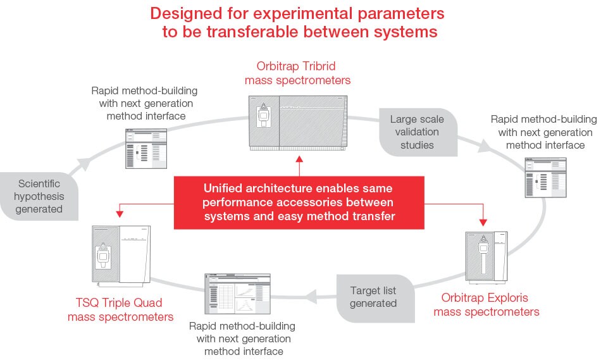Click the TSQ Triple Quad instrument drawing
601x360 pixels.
[x=123, y=254]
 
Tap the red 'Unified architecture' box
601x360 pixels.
[x=299, y=202]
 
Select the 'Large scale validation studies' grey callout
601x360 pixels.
[x=416, y=132]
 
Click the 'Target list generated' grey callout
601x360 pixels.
[x=373, y=297]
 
